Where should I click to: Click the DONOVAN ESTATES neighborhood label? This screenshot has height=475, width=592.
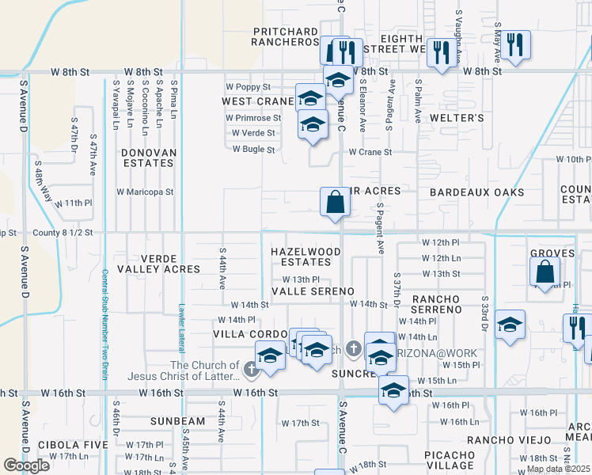pos(148,157)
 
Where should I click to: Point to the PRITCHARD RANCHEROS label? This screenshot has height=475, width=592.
pos(286,36)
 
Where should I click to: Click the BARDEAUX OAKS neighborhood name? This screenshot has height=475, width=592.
pos(476,192)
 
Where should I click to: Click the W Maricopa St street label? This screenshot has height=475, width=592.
pos(145,192)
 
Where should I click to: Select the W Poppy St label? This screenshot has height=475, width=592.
pos(248,86)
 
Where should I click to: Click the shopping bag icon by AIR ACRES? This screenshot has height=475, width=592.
pos(336,203)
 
